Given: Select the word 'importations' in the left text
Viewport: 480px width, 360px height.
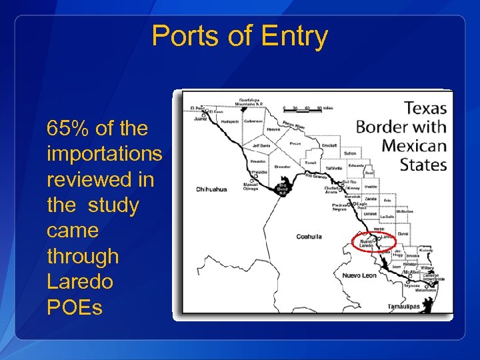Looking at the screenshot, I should click(105, 154).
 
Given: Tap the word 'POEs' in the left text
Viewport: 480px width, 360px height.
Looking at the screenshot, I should click(75, 307).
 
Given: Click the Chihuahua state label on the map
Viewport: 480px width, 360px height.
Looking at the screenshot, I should click(211, 189).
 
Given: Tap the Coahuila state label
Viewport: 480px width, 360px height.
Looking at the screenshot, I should click(309, 236).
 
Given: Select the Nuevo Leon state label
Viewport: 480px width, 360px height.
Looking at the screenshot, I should click(359, 275).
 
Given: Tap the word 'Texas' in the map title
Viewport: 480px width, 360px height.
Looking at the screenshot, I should click(425, 108).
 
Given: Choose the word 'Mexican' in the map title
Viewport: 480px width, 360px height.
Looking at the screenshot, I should click(414, 146).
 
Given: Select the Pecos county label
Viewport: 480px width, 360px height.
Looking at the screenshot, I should click(296, 143).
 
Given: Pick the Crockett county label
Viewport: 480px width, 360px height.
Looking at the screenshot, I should click(329, 145).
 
